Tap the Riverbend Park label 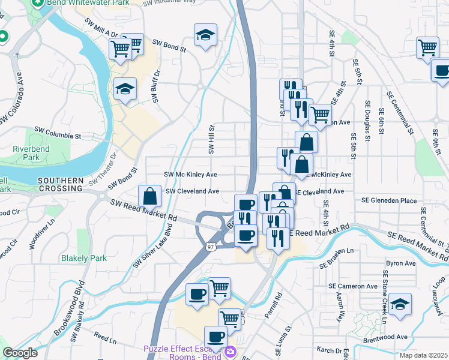[x=25, y=154]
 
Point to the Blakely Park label [x=83, y=259]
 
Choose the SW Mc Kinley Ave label [x=190, y=175]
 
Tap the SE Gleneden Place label [x=388, y=200]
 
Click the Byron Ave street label [x=401, y=263]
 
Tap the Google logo [x=20, y=353]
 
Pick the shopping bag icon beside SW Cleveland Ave [x=149, y=195]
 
